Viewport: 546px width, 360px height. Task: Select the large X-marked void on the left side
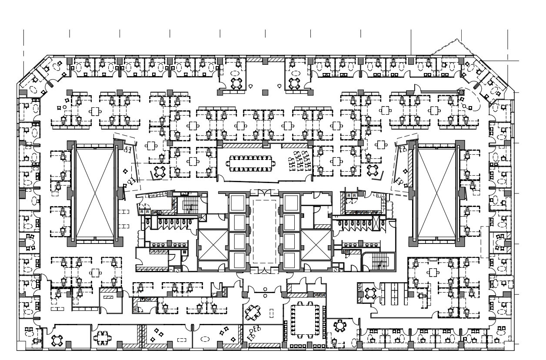coord(95,193)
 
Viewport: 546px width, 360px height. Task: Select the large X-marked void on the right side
coord(436,193)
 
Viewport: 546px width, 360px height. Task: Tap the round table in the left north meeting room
coord(236,83)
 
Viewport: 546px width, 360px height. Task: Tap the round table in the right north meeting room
coord(295,83)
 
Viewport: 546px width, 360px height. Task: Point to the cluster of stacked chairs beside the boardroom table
coord(300,160)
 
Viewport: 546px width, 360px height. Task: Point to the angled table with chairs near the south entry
coord(253,312)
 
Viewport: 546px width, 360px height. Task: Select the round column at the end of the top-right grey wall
coord(460,92)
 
